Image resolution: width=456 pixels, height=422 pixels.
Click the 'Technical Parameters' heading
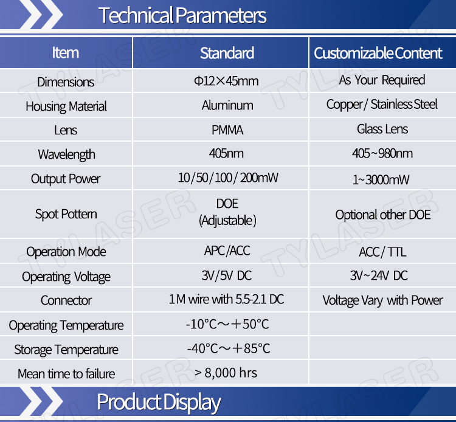pyautogui.click(x=182, y=15)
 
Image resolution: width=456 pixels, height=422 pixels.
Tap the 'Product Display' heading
pyautogui.click(x=159, y=403)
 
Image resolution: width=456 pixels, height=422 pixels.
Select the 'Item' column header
pyautogui.click(x=66, y=53)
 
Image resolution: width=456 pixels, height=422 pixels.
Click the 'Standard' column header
pyautogui.click(x=227, y=54)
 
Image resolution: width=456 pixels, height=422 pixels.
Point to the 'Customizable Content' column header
pyautogui.click(x=378, y=54)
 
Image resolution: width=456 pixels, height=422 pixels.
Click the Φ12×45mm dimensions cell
pyautogui.click(x=226, y=81)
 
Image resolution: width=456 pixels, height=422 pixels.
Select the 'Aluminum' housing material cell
pyautogui.click(x=227, y=105)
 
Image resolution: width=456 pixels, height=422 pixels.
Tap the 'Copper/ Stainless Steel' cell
pyautogui.click(x=382, y=105)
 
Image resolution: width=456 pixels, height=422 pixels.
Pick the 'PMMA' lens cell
pyautogui.click(x=227, y=130)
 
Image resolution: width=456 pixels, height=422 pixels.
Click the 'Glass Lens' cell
pyautogui.click(x=382, y=129)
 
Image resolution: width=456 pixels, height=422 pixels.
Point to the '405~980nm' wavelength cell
pyautogui.click(x=382, y=153)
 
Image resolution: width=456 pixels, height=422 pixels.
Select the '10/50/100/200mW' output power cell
pyautogui.click(x=228, y=178)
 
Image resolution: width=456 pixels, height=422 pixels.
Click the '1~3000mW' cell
pyautogui.click(x=381, y=180)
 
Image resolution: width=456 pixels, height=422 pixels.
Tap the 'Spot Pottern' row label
pyautogui.click(x=66, y=215)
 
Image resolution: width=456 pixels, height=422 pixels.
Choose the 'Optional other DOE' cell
pyautogui.click(x=383, y=215)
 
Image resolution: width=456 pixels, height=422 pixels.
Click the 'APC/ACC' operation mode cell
pyautogui.click(x=227, y=251)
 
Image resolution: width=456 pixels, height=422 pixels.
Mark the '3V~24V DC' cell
pyautogui.click(x=379, y=275)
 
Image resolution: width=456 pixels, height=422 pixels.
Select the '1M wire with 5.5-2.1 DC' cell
pyautogui.click(x=227, y=299)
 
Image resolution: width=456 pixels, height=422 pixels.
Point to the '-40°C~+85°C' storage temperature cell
pyautogui.click(x=229, y=348)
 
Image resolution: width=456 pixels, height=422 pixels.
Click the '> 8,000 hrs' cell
pyautogui.click(x=226, y=373)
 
